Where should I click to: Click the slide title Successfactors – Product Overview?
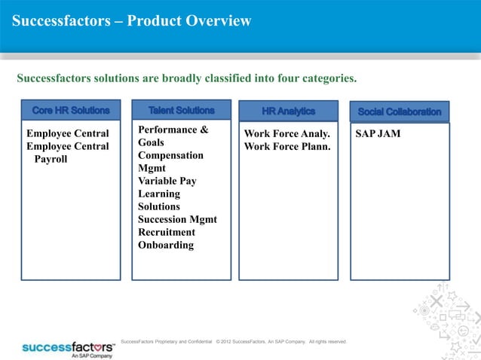[131, 21]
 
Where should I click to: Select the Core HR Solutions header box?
[71, 111]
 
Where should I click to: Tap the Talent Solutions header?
[181, 111]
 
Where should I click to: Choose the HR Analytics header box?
[288, 111]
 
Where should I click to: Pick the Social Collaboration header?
[400, 111]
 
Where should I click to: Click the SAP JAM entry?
[378, 134]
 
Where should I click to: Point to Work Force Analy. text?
[287, 134]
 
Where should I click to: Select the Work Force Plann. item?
[287, 146]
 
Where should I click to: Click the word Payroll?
[51, 159]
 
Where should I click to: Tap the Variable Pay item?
[166, 181]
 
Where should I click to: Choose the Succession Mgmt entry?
[177, 219]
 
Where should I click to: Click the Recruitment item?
[166, 232]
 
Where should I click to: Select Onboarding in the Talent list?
[166, 245]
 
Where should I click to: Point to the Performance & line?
[173, 130]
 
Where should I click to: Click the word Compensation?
[170, 155]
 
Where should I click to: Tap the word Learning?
[159, 194]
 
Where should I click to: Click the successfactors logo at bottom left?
[68, 349]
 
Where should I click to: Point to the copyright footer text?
[234, 342]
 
